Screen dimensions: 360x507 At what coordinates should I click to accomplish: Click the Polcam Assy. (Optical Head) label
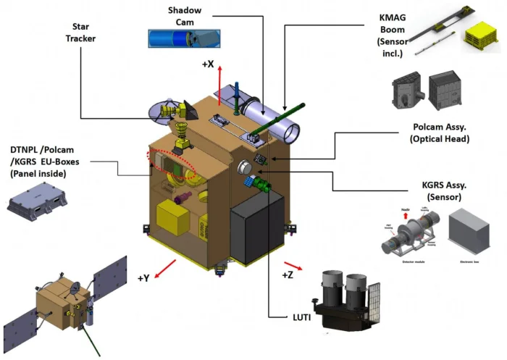click(x=441, y=133)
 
